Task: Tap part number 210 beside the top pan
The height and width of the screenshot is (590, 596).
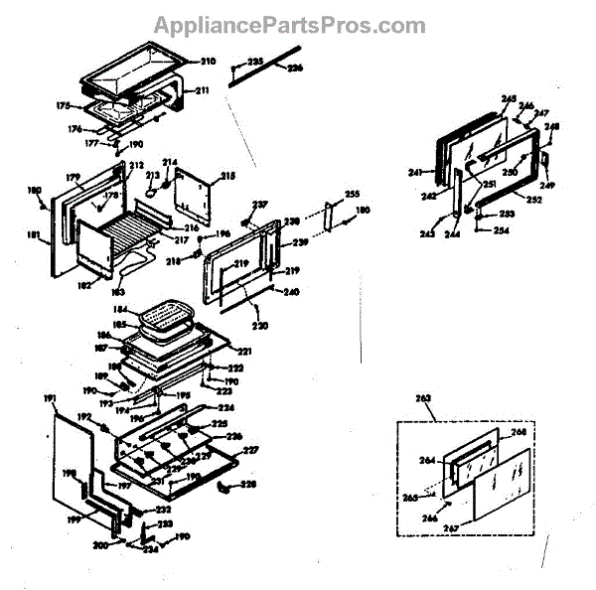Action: pos(208,61)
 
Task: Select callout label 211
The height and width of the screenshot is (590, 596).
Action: pos(202,91)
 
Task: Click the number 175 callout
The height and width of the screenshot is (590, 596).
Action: pos(63,105)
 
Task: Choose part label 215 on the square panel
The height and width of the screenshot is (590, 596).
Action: pos(227,176)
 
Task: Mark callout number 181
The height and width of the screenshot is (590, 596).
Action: pos(34,235)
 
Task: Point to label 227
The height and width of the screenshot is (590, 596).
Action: pos(250,450)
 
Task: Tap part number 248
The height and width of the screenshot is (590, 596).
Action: pos(552,126)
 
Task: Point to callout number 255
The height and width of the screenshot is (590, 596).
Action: pos(352,193)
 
